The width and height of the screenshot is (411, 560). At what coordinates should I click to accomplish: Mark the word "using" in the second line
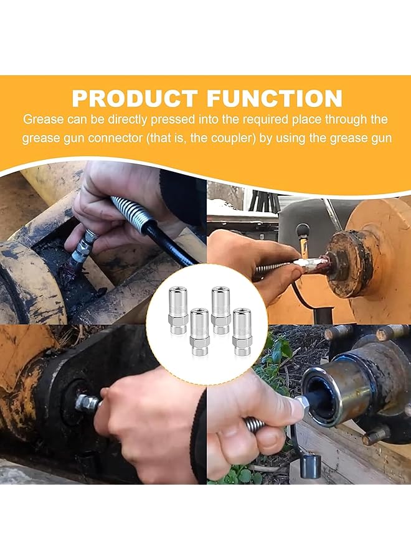pyautogui.click(x=296, y=138)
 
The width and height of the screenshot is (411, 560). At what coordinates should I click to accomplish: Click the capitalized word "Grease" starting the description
pyautogui.click(x=42, y=119)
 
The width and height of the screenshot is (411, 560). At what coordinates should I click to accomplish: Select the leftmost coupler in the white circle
pyautogui.click(x=177, y=308)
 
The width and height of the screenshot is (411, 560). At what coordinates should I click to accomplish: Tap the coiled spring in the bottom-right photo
pyautogui.click(x=255, y=426)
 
